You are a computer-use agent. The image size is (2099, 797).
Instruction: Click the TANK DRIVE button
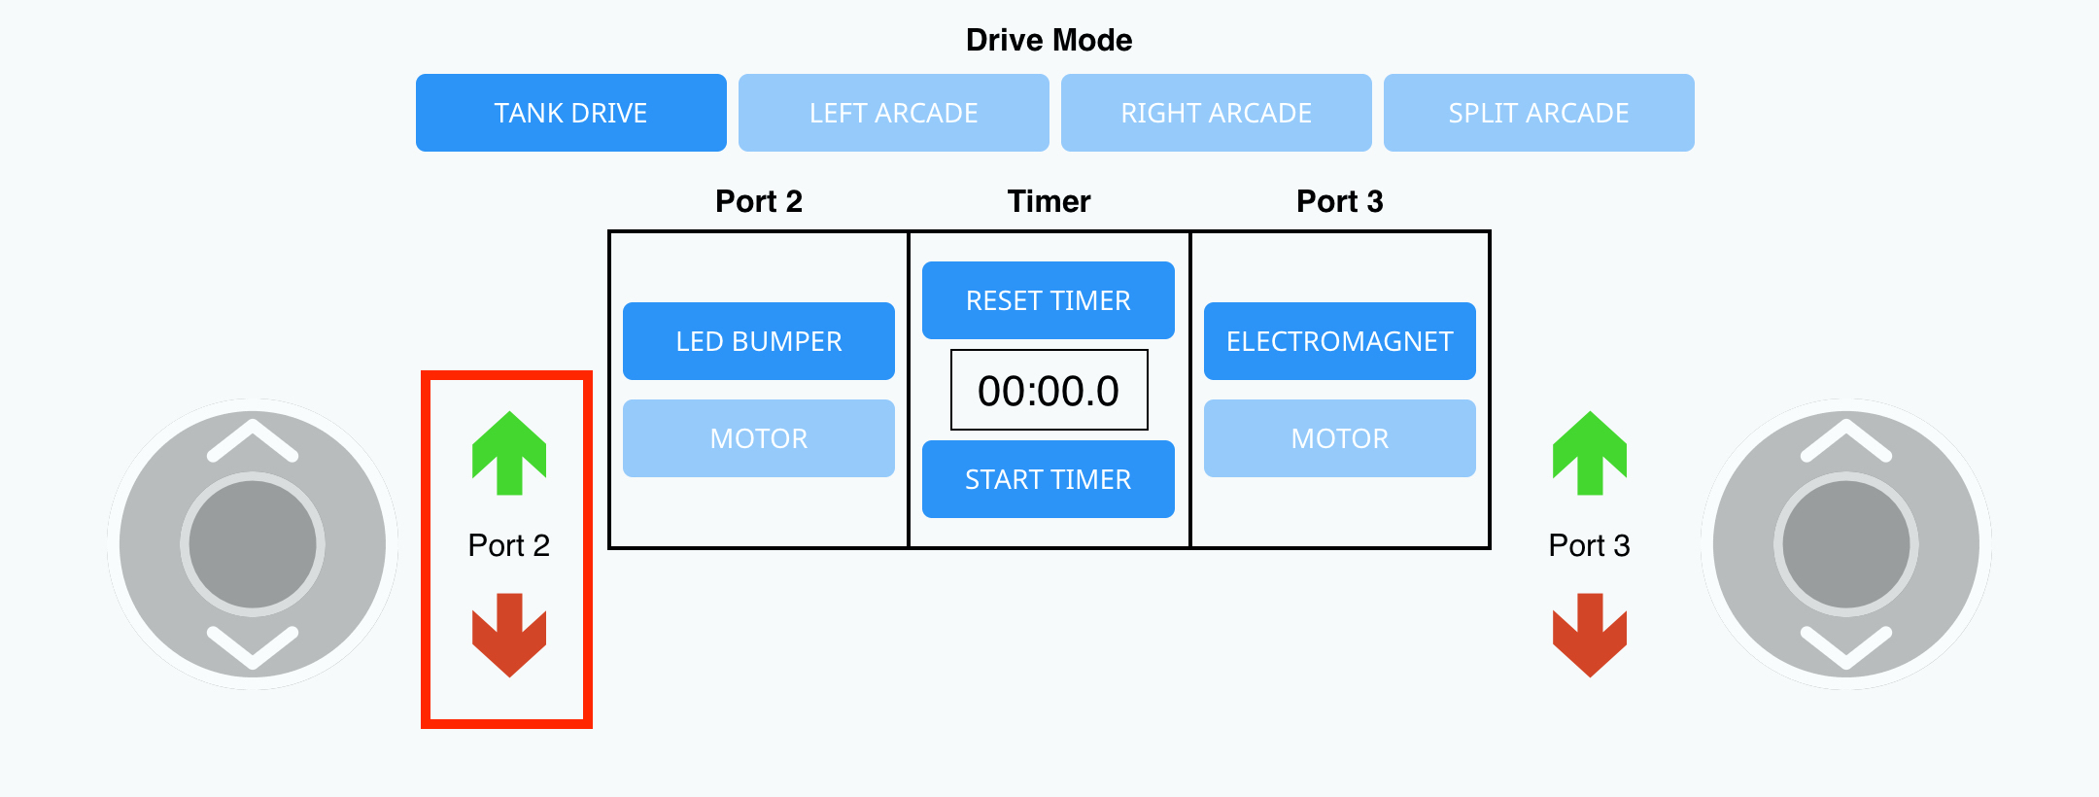[570, 113]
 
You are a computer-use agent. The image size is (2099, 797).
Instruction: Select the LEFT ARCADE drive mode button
[893, 113]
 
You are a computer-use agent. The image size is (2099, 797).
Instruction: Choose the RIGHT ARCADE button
[1216, 113]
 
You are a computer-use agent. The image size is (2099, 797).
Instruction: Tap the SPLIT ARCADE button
[1538, 113]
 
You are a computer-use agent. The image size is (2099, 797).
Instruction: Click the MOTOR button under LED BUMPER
[758, 438]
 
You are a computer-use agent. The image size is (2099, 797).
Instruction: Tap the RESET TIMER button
[1048, 300]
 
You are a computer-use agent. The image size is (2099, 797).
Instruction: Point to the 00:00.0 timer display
[1049, 390]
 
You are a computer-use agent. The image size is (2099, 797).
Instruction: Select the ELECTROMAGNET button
[1339, 341]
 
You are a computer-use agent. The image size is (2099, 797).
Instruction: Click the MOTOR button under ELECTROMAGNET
[1339, 438]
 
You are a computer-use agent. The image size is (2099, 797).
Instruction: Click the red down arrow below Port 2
[509, 635]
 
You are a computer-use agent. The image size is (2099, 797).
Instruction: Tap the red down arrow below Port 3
[1590, 635]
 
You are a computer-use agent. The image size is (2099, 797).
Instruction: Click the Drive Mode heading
[1049, 40]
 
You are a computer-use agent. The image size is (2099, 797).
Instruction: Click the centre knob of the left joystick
[253, 544]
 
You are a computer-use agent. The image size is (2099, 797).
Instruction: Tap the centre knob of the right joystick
[1846, 544]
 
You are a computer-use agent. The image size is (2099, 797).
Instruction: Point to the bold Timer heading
[1049, 201]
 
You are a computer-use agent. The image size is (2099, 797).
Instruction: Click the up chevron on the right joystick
[1846, 440]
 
